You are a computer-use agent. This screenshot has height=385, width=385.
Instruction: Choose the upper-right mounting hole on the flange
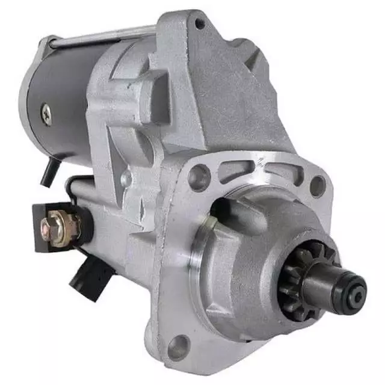pyautogui.click(x=317, y=185)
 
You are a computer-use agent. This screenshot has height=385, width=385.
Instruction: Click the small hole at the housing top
pyautogui.click(x=199, y=23)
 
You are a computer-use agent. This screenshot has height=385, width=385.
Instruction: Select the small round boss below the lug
pyautogui.click(x=126, y=177)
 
